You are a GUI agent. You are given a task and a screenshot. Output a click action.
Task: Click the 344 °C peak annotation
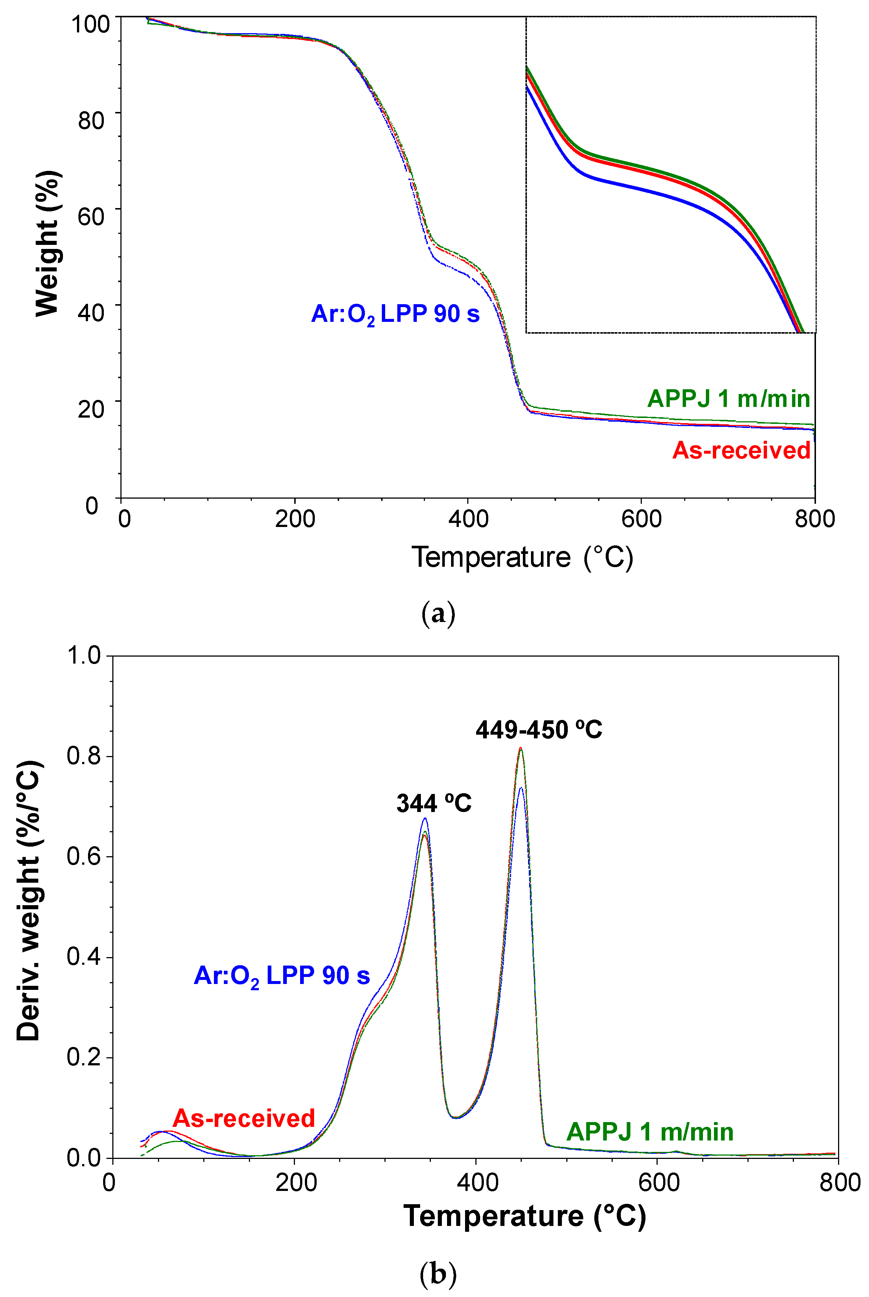click(x=433, y=803)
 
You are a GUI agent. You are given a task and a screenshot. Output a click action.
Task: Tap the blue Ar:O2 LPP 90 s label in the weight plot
click(x=395, y=314)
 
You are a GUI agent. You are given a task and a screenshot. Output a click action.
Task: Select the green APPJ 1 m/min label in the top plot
click(x=728, y=398)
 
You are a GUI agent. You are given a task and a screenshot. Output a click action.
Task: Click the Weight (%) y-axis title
click(x=48, y=244)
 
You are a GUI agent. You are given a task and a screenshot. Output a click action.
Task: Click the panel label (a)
click(x=438, y=614)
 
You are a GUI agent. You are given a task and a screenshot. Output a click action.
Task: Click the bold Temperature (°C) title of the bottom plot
click(x=524, y=1216)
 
